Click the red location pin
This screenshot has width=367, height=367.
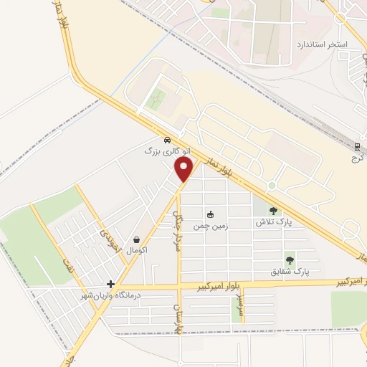(184, 169)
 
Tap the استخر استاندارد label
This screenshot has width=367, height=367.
(322, 44)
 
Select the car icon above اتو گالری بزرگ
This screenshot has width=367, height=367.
(166, 140)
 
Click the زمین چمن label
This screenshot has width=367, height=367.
(211, 226)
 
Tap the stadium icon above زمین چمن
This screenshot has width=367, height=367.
(210, 214)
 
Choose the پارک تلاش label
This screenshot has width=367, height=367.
(272, 223)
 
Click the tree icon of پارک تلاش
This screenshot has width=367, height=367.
(272, 211)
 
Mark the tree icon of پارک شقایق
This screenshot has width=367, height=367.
(290, 261)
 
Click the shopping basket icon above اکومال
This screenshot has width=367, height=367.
(136, 239)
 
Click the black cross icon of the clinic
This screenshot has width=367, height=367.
(110, 284)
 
